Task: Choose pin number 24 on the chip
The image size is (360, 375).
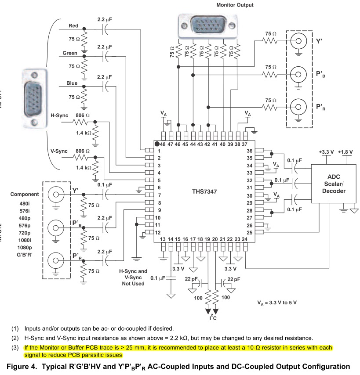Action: (245, 239)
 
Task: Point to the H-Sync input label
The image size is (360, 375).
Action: (59, 115)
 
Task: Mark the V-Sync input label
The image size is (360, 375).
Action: (59, 151)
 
